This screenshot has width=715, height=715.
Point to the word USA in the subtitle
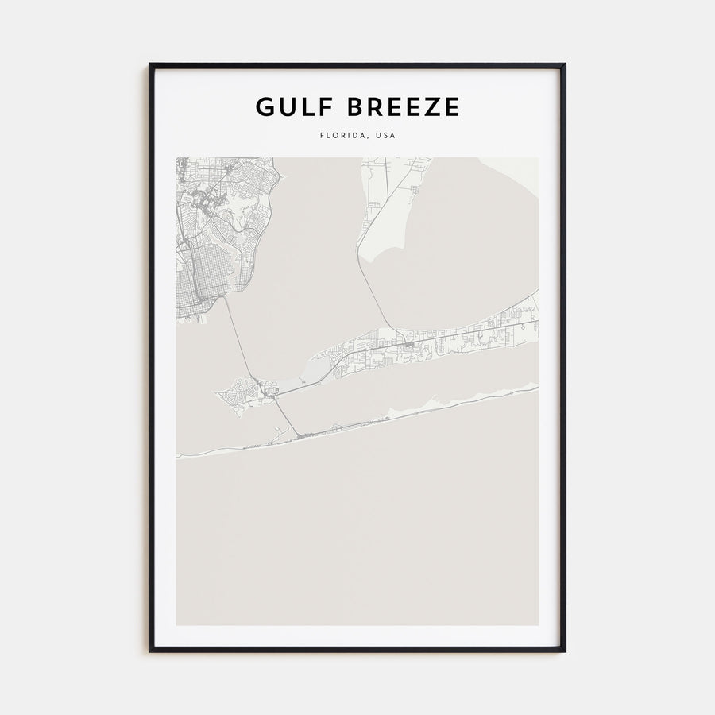click(385, 136)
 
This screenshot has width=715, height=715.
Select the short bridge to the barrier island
click(286, 417)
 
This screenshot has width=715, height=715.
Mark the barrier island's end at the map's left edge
click(180, 457)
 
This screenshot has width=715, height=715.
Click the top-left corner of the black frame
click(151, 65)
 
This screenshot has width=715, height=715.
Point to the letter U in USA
click(380, 136)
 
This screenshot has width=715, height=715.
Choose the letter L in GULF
click(307, 106)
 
